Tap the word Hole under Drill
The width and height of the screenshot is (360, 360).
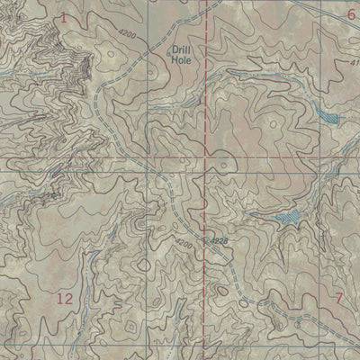182,62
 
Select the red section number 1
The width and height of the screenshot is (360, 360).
64,17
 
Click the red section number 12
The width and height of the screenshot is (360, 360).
64,298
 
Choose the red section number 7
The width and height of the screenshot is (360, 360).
339,298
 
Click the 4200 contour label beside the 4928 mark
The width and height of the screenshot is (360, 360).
184,242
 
